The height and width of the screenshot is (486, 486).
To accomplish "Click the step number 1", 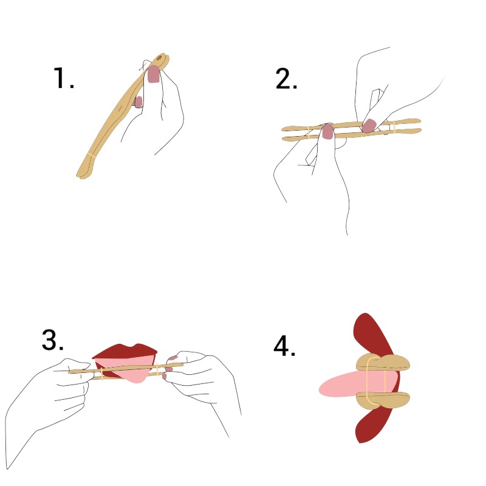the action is [64, 78].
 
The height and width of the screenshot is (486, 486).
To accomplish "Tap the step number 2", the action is [286, 79].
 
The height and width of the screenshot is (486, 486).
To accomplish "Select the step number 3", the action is [52, 340].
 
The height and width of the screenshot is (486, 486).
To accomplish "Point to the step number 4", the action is [284, 346].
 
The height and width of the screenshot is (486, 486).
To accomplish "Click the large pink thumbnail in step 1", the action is [154, 74].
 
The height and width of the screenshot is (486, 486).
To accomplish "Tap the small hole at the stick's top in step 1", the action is [159, 57].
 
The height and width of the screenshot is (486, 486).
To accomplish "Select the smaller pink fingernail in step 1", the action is [139, 101].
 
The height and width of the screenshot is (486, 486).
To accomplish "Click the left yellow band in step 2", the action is [309, 132].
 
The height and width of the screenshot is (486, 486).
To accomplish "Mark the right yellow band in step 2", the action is [394, 127].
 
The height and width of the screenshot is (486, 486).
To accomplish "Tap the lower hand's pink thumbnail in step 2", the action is [327, 132].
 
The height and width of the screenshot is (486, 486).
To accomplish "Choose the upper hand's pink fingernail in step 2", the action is [369, 125].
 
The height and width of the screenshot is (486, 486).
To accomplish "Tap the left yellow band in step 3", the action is [102, 374].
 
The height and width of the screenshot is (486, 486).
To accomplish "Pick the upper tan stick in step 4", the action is [383, 363].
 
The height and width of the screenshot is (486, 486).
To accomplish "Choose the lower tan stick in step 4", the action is [383, 400].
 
